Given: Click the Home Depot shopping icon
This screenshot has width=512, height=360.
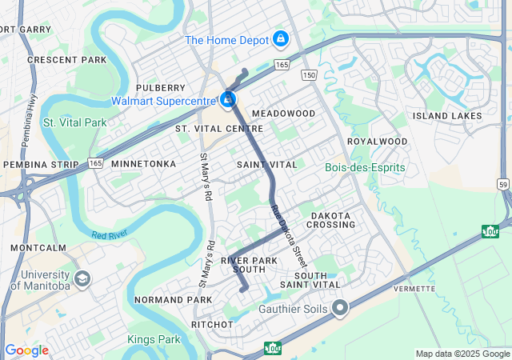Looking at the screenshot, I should coord(280,38).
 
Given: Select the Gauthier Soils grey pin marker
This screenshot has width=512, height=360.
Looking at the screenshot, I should coord(341,308).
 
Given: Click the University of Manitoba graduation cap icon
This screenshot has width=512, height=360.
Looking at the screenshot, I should coord(82,279).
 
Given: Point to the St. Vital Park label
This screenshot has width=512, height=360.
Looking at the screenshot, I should coord(74,122).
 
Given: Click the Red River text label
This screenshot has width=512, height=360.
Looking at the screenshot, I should coord(110,235).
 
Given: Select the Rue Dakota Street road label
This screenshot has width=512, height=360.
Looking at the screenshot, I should coord(289,237).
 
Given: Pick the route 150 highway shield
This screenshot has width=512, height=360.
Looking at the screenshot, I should coord(309,74).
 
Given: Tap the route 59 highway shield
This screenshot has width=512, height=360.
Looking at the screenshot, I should coord(503,184).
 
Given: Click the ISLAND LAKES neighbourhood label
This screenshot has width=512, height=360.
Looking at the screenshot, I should coord(447,116).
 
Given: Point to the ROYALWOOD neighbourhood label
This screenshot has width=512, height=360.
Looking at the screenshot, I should coord(377,142).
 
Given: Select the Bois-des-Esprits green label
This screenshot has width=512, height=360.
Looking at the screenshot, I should coord(366,167).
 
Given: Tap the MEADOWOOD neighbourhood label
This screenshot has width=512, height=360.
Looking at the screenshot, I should coord(283,114).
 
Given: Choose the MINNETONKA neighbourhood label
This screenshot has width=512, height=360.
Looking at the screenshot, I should coord(143,163).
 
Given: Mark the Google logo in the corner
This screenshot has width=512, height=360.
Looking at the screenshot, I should coord(26,350).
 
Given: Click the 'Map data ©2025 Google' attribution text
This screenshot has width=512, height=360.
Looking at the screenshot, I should coord(462,354).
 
